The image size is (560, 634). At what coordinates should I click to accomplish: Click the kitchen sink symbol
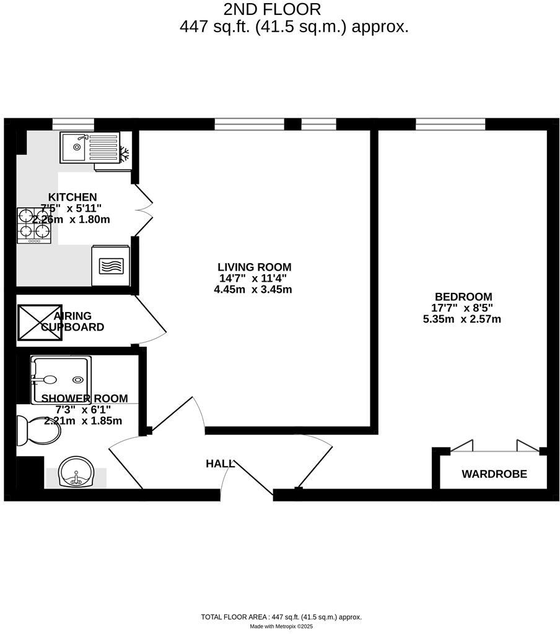[89, 147]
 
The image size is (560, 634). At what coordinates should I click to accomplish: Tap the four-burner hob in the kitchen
[34, 224]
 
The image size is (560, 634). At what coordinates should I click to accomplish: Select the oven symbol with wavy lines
[111, 266]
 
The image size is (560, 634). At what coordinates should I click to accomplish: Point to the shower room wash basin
[76, 472]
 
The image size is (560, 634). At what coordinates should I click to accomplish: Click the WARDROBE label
[494, 474]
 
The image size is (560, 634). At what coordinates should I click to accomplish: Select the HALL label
[220, 463]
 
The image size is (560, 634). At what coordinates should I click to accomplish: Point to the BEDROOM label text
[463, 297]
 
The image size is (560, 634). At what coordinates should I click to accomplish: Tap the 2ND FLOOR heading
[273, 9]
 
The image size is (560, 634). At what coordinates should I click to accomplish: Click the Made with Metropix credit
[281, 627]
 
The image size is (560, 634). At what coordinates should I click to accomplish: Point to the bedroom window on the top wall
[450, 124]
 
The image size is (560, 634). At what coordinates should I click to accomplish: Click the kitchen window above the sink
[72, 124]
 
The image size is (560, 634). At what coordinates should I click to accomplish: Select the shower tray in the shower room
[61, 379]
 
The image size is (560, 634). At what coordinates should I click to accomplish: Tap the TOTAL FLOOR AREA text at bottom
[281, 617]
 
